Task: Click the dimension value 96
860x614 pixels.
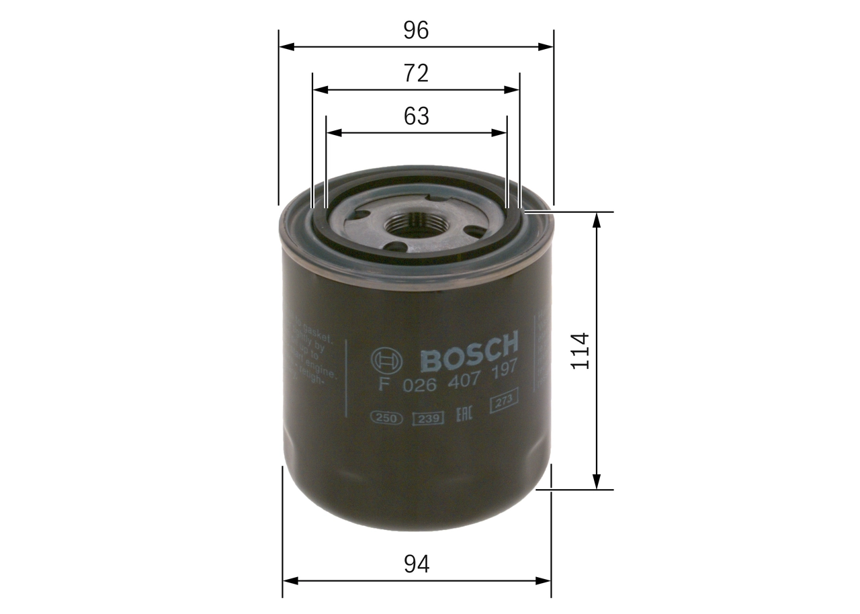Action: pyautogui.click(x=416, y=30)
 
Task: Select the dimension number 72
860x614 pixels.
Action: pyautogui.click(x=416, y=73)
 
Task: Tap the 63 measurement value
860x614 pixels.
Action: pyautogui.click(x=416, y=116)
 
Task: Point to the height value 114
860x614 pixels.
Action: pyautogui.click(x=579, y=350)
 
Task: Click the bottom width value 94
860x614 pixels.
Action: pyautogui.click(x=417, y=564)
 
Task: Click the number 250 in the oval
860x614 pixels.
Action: pyautogui.click(x=386, y=419)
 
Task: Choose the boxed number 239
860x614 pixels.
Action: pyautogui.click(x=427, y=419)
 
